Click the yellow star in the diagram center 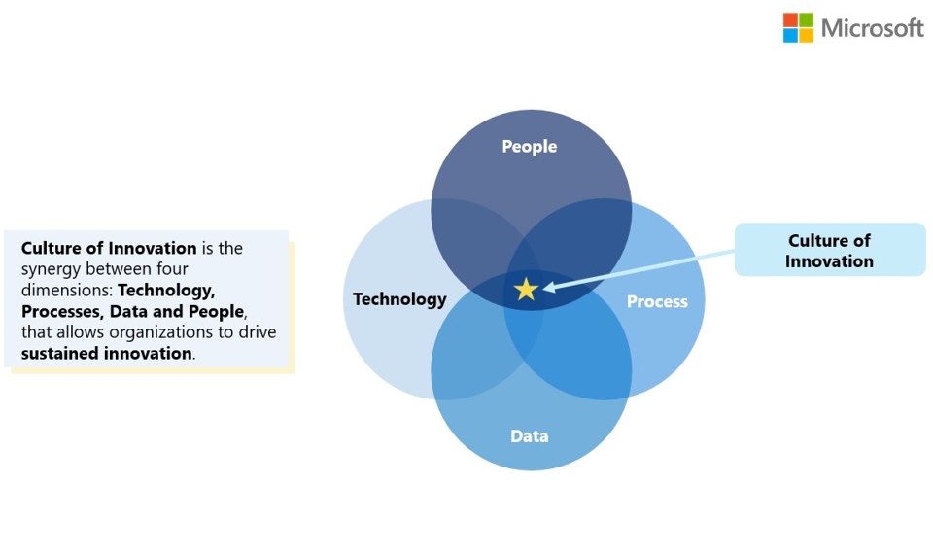[x=526, y=290]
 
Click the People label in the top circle [x=530, y=147]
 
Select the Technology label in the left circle [x=399, y=299]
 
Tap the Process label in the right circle [x=657, y=301]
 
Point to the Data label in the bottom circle [x=530, y=436]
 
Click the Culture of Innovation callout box [x=830, y=250]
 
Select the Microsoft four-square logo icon [x=798, y=27]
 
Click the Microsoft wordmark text [x=873, y=28]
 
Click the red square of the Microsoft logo [x=790, y=19]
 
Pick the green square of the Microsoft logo [x=806, y=19]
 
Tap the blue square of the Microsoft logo [x=790, y=36]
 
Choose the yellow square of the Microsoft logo [x=806, y=36]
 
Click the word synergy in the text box [x=51, y=269]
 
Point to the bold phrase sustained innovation [x=107, y=354]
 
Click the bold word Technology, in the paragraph [x=166, y=291]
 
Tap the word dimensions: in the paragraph [x=67, y=290]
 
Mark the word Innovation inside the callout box [x=829, y=261]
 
